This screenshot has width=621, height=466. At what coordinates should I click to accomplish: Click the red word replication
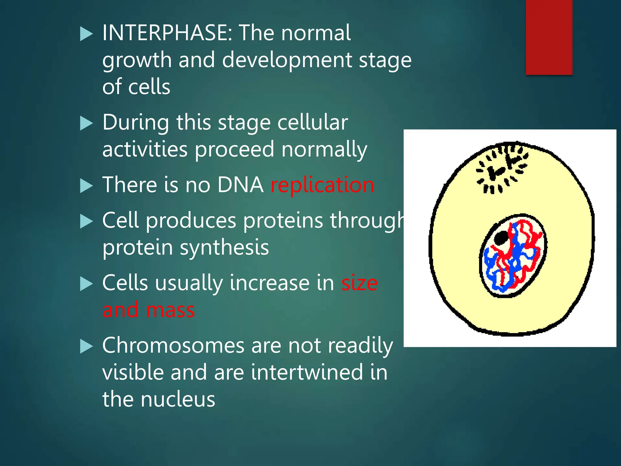point(322,185)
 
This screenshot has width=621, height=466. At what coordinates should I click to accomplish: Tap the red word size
point(359,283)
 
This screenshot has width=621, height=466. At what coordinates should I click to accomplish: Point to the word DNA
point(240,185)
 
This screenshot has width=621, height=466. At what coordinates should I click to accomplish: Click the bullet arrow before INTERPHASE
point(86,34)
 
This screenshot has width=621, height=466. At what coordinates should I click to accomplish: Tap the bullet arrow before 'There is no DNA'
point(86,186)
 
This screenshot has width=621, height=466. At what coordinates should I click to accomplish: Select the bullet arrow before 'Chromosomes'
point(86,346)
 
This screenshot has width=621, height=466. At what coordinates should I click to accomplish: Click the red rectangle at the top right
point(549,37)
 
